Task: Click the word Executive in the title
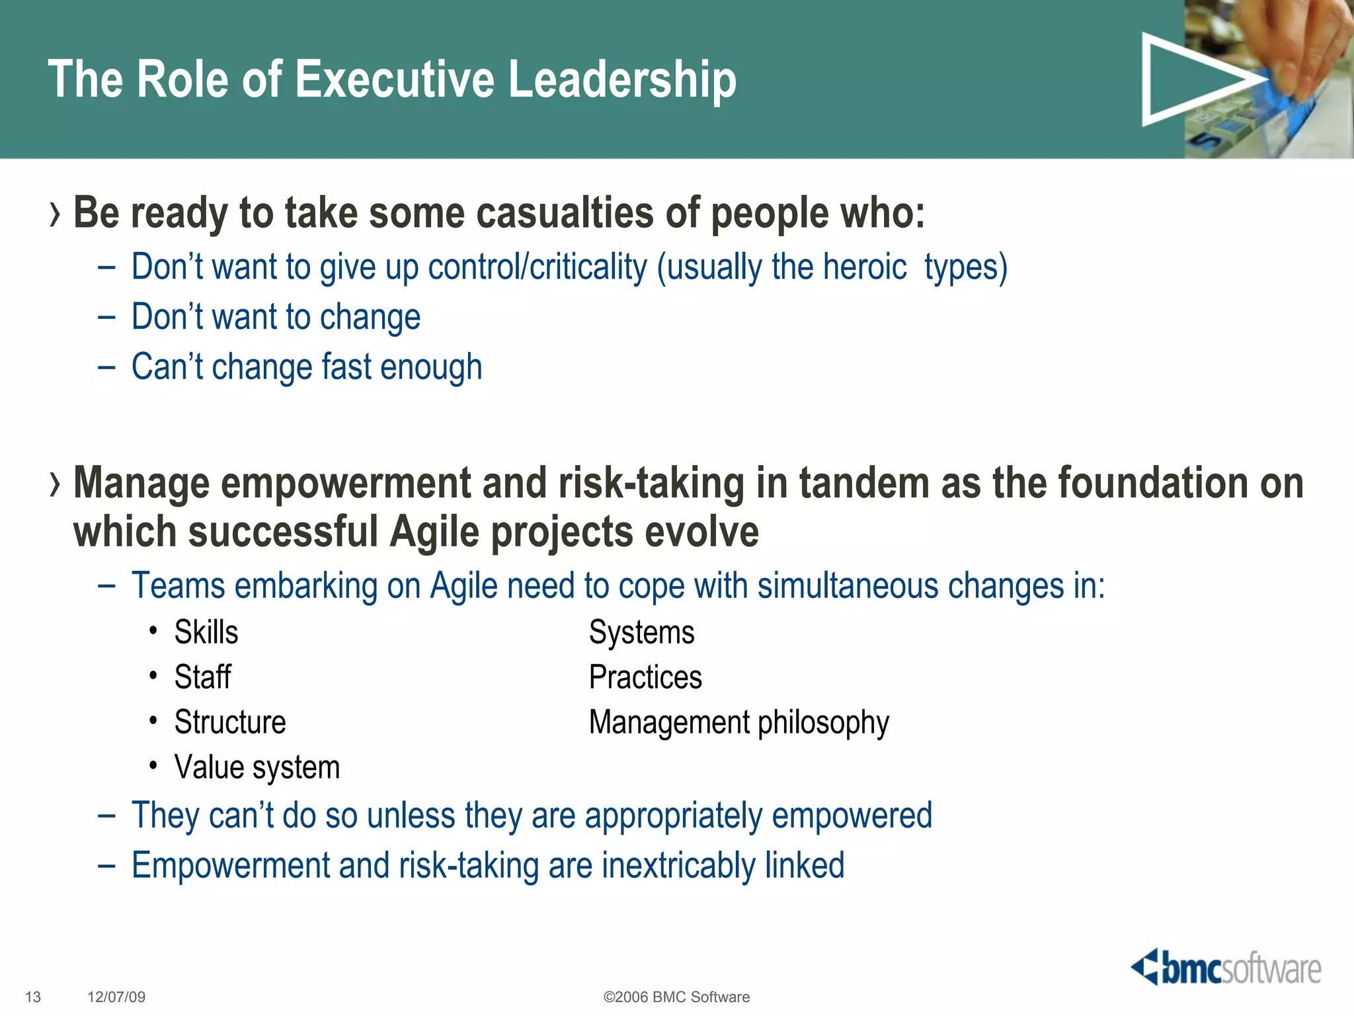[x=394, y=79]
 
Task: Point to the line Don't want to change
[x=276, y=317]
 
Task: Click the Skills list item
[x=206, y=632]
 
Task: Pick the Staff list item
[x=202, y=677]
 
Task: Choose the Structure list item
[x=229, y=722]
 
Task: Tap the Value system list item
[x=257, y=767]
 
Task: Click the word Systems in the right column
[x=641, y=632]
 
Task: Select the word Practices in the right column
[x=645, y=677]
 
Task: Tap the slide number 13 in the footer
[x=33, y=997]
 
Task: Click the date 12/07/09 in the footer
[x=116, y=997]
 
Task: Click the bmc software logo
[x=1226, y=968]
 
